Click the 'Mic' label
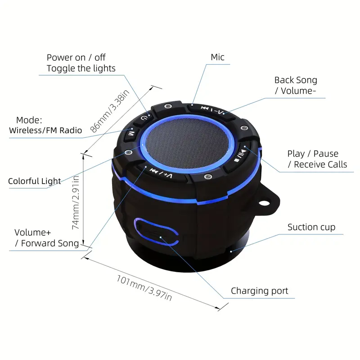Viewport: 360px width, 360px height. pos(217,57)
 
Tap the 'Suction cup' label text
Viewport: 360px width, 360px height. pos(311,227)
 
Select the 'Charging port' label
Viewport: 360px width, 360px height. pos(260,291)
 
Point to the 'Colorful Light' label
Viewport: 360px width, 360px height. pos(35,181)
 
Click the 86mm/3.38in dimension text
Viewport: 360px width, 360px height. pos(110,111)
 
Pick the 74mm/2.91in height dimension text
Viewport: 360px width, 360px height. pos(76,202)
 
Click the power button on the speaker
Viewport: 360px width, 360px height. pos(144,118)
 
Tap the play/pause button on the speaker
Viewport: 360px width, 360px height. pos(240,155)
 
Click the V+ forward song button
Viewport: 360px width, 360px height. pos(161,173)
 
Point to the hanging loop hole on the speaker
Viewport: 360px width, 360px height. pos(265,203)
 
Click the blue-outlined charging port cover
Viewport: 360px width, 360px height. pos(156,231)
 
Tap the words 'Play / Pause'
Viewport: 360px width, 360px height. pos(313,153)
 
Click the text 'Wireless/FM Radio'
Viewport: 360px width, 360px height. pos(45,130)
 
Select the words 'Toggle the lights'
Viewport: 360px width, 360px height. pos(81,68)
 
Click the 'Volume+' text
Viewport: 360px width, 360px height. pos(32,232)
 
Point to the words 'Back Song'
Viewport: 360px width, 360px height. pos(296,80)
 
